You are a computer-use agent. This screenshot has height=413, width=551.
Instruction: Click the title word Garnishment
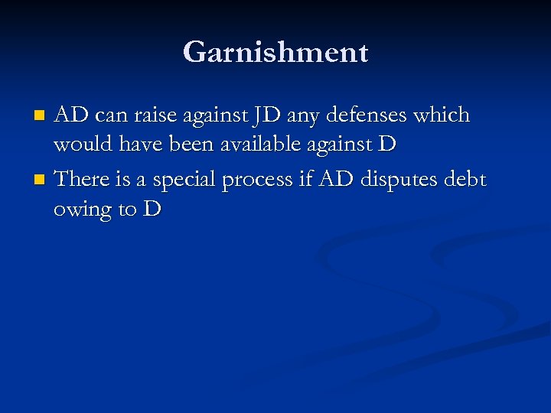tap(275, 53)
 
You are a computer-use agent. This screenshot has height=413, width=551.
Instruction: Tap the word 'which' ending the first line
tap(442, 116)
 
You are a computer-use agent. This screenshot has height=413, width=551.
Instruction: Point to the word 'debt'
tap(464, 179)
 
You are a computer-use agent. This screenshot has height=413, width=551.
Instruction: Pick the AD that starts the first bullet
tap(71, 116)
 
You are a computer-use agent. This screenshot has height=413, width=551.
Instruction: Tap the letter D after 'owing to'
tap(151, 210)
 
